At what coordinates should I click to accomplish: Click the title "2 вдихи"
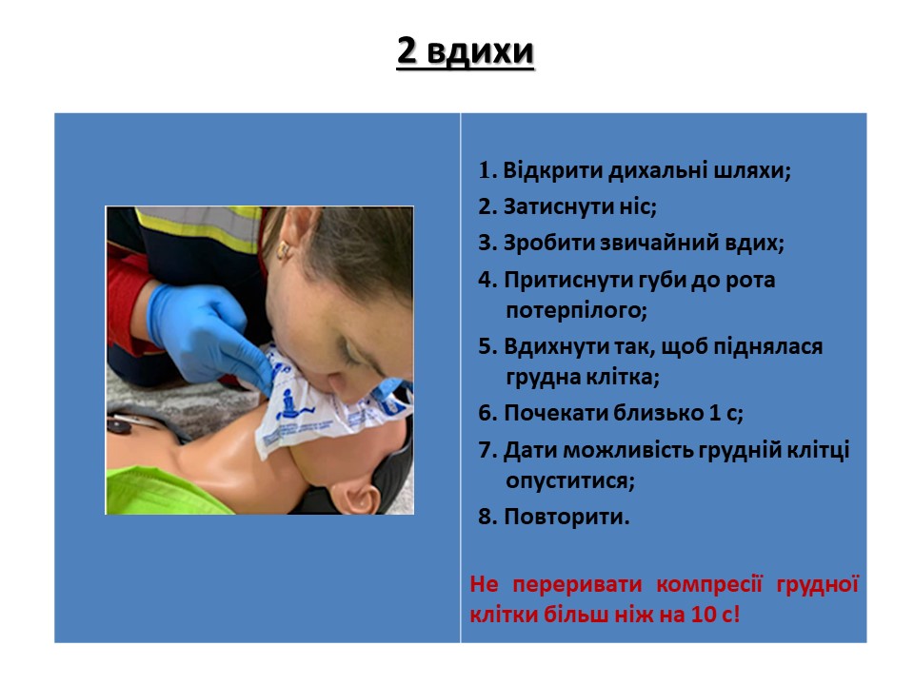pos(466,51)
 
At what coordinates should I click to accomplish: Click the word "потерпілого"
pos(573,310)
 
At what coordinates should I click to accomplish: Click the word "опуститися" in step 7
pos(567,481)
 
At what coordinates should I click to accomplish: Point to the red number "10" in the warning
pos(704,616)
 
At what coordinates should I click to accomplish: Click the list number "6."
pos(487,414)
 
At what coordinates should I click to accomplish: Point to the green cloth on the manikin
pos(166,491)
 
